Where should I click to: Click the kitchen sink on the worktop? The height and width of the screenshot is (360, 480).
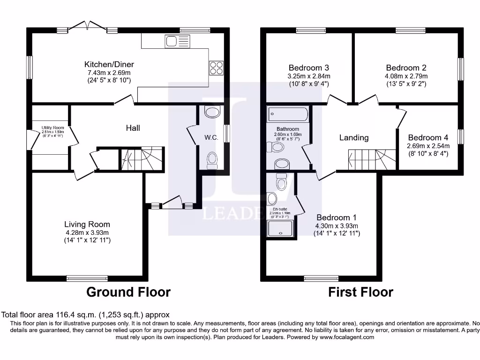point(177,42)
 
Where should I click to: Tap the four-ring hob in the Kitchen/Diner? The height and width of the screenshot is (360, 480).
point(216,68)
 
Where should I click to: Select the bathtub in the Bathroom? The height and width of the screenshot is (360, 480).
point(288,114)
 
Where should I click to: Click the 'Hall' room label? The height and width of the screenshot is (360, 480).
point(133,127)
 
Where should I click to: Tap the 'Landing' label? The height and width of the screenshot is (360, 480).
point(354,137)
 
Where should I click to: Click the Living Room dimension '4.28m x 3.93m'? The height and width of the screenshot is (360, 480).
point(87,232)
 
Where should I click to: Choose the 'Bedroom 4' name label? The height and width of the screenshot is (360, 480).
point(428,137)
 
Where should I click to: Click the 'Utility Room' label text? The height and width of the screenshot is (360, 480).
point(52,127)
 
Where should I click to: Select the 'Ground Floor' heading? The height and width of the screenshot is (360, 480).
point(128,292)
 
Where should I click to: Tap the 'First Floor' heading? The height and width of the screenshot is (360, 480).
point(360,292)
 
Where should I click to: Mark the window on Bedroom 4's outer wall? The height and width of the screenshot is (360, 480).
point(461,137)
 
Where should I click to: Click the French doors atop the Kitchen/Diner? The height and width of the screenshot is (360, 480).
point(87,29)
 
